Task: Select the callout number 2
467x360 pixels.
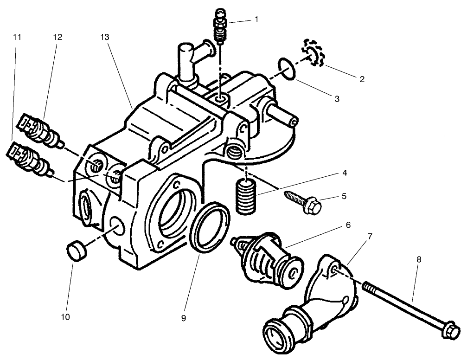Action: pos(362,79)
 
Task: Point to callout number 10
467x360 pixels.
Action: pos(65,317)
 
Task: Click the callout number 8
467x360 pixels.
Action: pos(419,260)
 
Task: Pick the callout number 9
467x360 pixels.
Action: pos(184,318)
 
